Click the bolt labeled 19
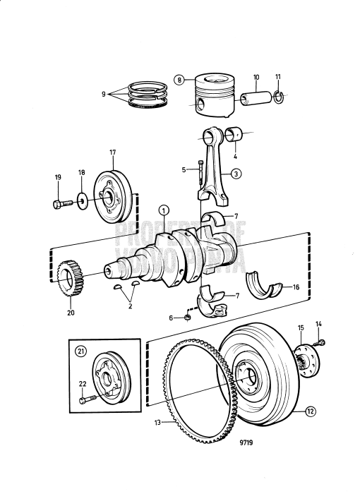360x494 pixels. point(61,204)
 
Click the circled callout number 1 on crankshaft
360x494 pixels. point(163,210)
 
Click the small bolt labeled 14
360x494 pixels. point(323,343)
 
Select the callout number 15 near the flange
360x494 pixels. point(300,327)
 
